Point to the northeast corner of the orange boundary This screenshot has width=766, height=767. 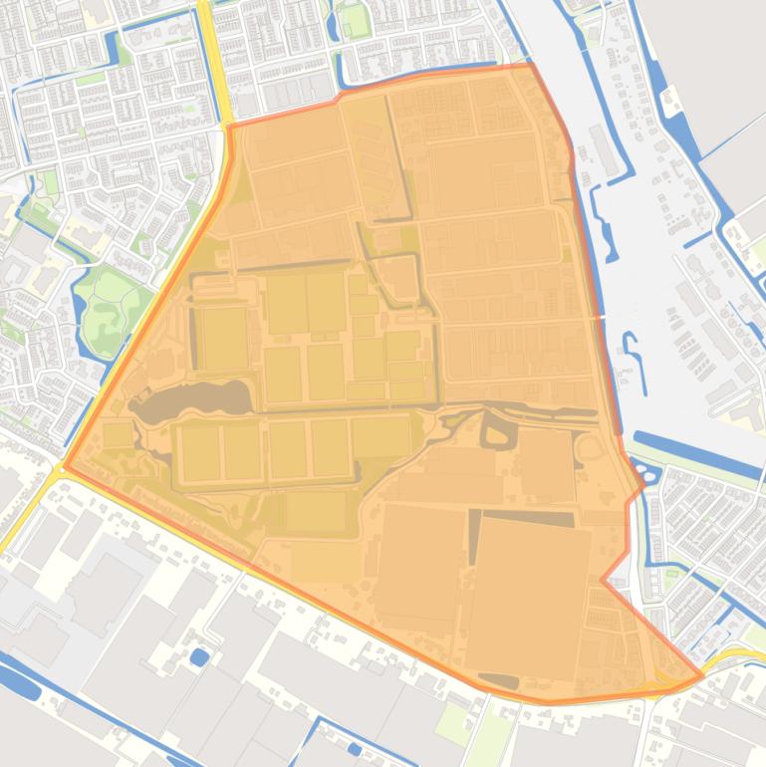[x=531, y=66]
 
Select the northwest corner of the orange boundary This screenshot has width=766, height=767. [x=229, y=127]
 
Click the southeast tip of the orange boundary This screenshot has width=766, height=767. [x=702, y=676]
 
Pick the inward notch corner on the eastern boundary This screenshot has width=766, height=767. [x=603, y=579]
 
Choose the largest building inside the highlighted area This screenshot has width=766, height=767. [x=528, y=598]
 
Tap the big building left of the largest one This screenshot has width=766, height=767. [x=418, y=568]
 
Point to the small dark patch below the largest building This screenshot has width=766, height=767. [x=498, y=681]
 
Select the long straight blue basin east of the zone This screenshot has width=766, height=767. [x=697, y=453]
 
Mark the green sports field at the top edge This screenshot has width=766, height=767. [x=355, y=20]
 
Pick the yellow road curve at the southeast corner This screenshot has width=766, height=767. [x=732, y=658]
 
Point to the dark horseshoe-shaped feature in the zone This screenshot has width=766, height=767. [x=497, y=430]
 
